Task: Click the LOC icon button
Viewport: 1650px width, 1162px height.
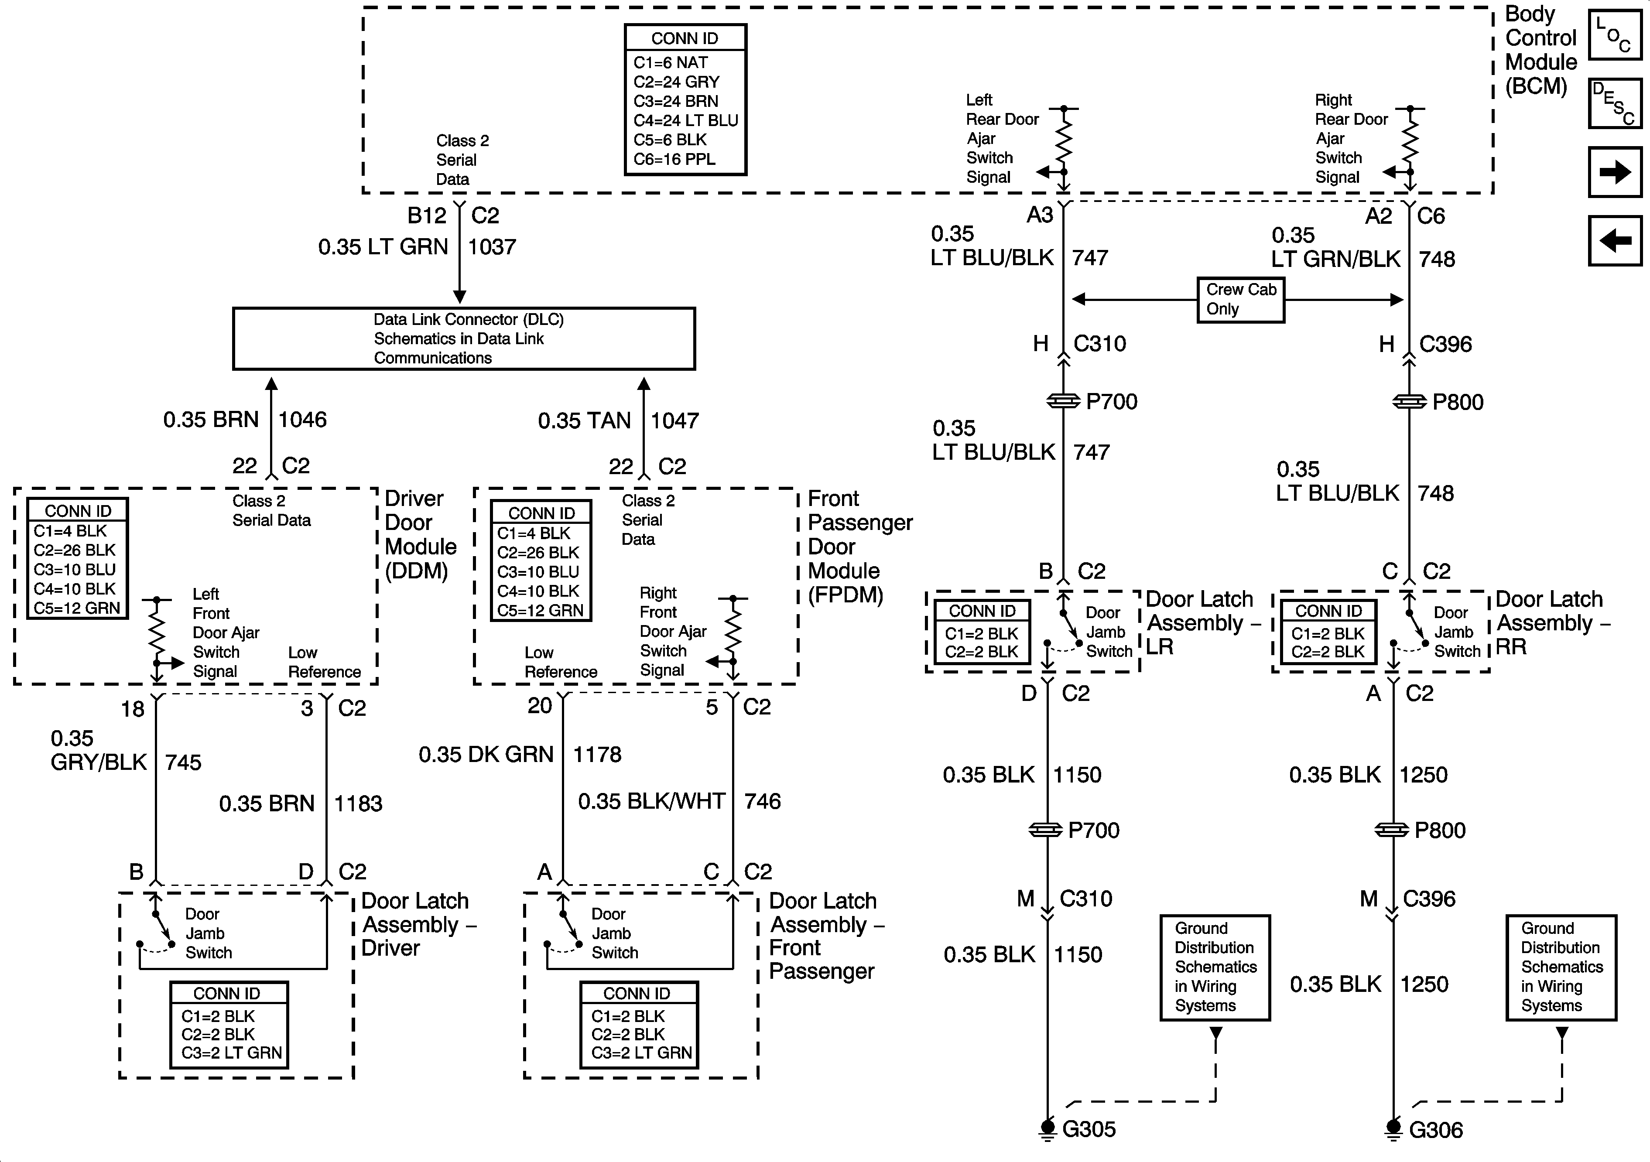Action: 1615,34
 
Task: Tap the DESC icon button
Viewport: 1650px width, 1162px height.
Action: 1615,103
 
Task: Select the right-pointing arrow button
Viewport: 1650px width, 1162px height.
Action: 1615,172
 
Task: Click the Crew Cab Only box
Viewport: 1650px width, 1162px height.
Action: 1240,300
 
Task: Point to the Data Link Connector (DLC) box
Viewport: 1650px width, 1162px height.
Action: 463,338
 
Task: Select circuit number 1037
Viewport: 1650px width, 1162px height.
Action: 492,247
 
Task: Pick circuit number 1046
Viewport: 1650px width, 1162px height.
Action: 302,420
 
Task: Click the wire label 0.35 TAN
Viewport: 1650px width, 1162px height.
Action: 584,420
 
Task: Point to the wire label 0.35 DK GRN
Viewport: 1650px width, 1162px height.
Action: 486,755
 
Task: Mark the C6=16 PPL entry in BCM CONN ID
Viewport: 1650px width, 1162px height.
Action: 674,160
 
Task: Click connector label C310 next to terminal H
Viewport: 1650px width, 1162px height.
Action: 1099,344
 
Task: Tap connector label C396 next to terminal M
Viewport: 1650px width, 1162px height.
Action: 1429,899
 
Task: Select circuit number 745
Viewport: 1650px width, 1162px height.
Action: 183,762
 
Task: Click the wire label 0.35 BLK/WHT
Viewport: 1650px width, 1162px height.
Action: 651,801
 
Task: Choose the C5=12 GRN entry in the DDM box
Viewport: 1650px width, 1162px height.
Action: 77,608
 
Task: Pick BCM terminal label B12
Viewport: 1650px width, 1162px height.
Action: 427,215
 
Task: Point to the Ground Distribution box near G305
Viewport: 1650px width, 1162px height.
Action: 1215,967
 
